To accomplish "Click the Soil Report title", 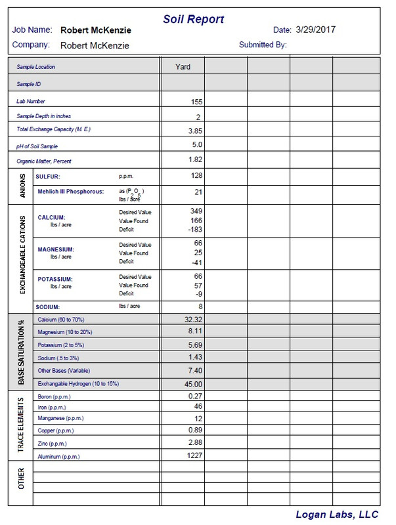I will [194, 20].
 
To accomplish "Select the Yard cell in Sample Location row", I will [183, 66].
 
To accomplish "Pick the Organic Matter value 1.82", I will [194, 159].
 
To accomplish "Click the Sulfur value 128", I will [195, 176].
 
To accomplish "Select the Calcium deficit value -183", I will [194, 230].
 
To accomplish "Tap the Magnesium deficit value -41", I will [195, 262].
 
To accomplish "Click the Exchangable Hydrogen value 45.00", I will [192, 384].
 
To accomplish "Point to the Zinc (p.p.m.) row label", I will [53, 444].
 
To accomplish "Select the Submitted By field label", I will [263, 45].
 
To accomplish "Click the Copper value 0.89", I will [194, 430].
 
